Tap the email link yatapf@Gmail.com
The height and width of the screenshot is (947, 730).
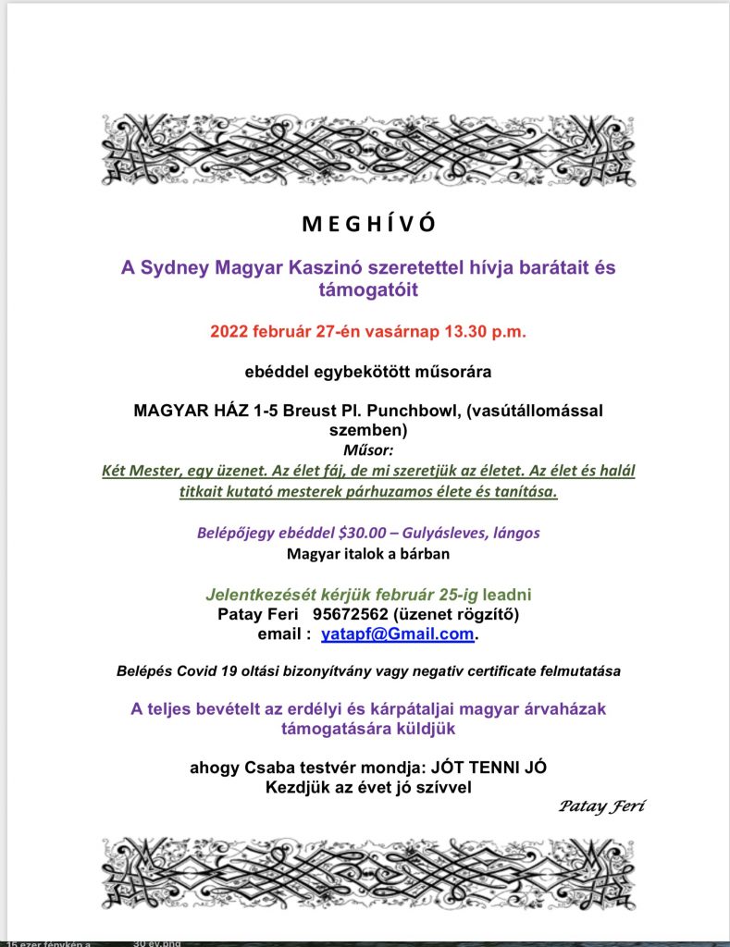(x=398, y=635)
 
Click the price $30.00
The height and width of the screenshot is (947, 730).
(x=343, y=534)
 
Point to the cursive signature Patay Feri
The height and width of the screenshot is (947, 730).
(x=601, y=806)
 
